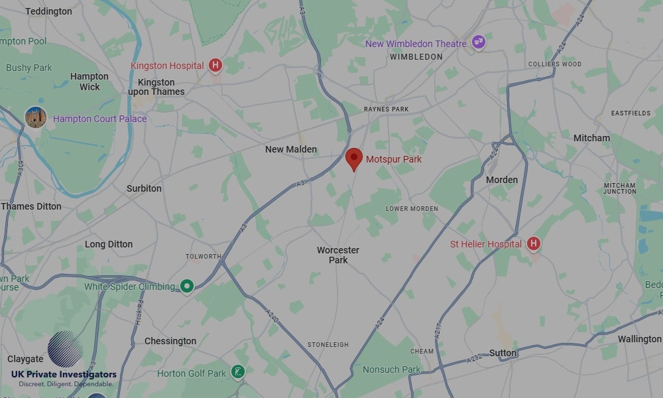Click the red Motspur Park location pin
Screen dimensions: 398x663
[x=354, y=159]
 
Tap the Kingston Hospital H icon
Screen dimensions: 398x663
[x=215, y=65]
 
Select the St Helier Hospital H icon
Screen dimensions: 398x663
[x=533, y=244]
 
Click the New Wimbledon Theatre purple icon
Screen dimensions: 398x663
[x=479, y=43]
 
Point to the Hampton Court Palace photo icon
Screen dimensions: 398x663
[x=36, y=117]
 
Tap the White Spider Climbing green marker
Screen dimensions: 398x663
[x=188, y=286]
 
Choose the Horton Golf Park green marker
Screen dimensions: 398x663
[x=238, y=371]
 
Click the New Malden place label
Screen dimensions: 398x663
[x=291, y=149]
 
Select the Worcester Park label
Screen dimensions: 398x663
[x=338, y=255]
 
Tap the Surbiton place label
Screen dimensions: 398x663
[x=144, y=188]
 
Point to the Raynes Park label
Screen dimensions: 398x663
[x=387, y=109]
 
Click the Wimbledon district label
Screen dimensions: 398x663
[x=416, y=57]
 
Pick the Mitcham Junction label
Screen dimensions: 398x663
[x=620, y=188]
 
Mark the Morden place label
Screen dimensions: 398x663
[x=502, y=180]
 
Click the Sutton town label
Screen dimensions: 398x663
[x=503, y=353]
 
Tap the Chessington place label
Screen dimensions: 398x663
[x=170, y=341]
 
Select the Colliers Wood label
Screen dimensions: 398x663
[x=554, y=64]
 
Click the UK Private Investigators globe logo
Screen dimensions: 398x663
[x=65, y=349]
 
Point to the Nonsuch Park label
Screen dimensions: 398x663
[x=391, y=369]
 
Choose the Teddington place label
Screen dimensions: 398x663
[x=48, y=11]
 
